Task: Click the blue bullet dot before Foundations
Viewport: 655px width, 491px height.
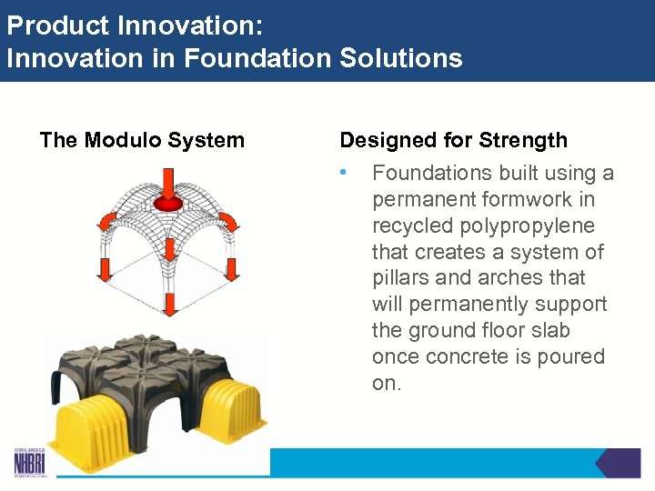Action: pyautogui.click(x=343, y=172)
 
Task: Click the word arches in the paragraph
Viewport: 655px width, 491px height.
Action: pyautogui.click(x=509, y=277)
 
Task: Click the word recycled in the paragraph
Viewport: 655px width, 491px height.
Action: pyautogui.click(x=413, y=225)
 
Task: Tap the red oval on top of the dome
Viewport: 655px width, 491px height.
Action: pyautogui.click(x=169, y=201)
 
